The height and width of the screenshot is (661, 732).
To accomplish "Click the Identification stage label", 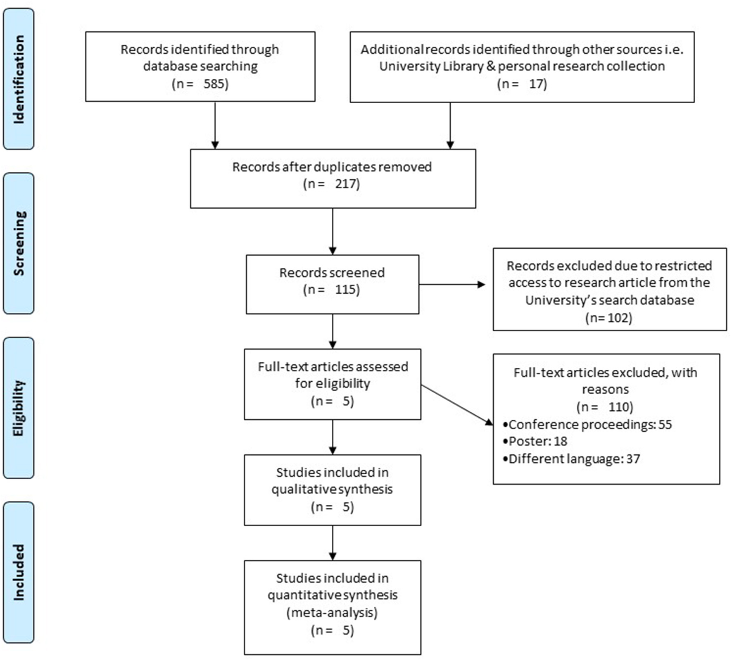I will (19, 79).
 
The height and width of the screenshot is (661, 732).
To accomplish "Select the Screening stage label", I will (19, 243).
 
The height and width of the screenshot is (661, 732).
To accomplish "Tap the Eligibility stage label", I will (19, 408).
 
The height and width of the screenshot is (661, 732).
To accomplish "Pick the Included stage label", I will (19, 572).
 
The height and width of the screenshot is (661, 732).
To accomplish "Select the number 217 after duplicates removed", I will (346, 183).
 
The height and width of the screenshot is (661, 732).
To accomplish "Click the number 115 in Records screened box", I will (346, 289).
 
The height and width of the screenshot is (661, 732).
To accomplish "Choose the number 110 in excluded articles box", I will (618, 407).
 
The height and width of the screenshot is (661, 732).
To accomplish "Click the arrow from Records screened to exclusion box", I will (452, 284).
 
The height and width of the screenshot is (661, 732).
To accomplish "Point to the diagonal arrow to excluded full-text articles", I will (457, 405).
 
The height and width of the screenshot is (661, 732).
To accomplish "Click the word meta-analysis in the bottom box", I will (332, 612).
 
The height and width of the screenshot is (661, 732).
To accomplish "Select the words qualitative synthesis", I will (332, 489).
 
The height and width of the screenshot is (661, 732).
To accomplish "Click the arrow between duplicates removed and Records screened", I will (333, 231).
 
